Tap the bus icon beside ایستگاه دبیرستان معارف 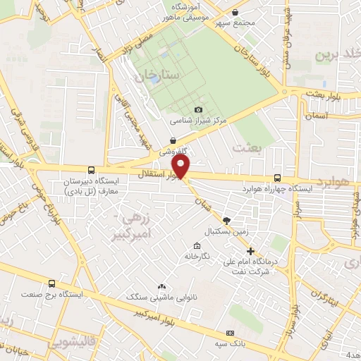[91, 170]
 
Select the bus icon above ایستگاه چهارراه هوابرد [276, 178]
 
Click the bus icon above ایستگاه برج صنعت [51, 283]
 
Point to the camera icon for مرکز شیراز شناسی [198, 109]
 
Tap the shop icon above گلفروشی [173, 141]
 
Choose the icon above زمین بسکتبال [226, 221]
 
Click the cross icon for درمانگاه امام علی [250, 251]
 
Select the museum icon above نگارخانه [196, 245]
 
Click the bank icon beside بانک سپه [229, 333]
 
